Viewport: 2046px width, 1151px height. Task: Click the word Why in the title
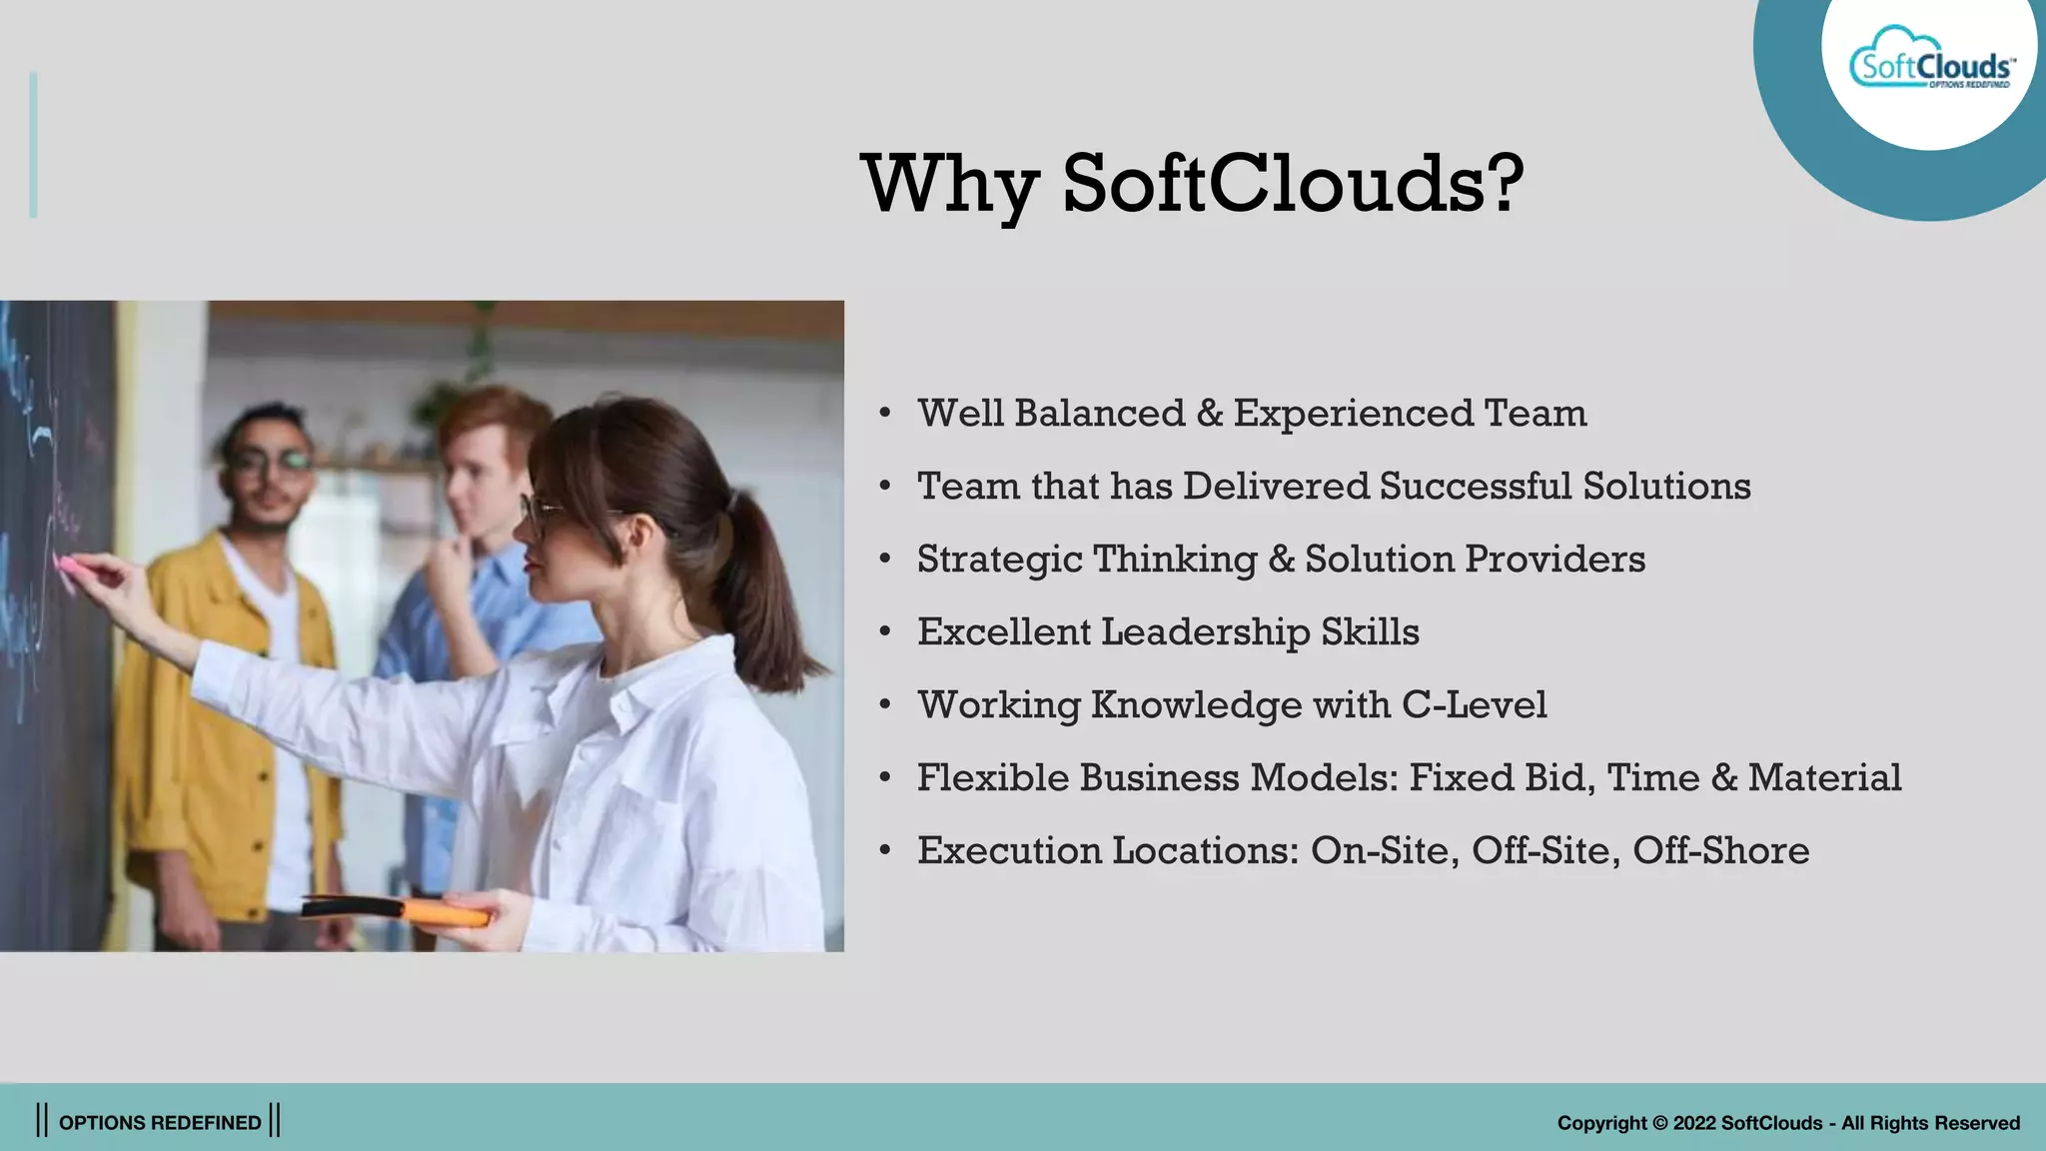pos(950,185)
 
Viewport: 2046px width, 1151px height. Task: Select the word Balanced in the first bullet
pos(1099,414)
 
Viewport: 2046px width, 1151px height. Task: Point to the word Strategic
pos(1000,560)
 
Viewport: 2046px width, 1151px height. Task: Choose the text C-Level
pos(1474,705)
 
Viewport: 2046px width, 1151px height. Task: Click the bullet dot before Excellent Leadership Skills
pos(885,632)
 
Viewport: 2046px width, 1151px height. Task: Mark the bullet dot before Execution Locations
pos(885,851)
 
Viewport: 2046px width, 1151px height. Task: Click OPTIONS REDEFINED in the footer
pos(160,1123)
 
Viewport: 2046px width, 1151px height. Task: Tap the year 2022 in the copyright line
pos(1694,1123)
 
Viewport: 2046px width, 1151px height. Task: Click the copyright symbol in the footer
pos(1659,1123)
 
